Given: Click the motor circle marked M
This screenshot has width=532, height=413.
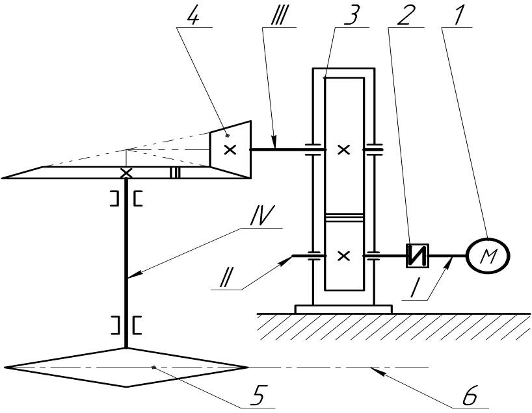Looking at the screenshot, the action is pos(488,255).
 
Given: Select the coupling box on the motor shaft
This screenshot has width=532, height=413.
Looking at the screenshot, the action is pos(418,256).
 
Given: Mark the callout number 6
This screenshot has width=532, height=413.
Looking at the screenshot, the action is pos(470,395).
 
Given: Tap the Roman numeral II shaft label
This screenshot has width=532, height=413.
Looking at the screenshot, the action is pos(224,279).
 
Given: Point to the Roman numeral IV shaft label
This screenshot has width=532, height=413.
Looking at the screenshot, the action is pos(262,216).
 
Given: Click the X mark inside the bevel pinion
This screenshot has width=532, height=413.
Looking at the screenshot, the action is pos(230,149).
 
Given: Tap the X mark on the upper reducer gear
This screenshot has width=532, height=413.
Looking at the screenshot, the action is pos(344,149).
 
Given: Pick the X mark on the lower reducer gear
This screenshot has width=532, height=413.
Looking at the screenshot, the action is pos(344,256).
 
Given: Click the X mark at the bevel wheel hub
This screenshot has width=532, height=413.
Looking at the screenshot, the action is pos(127,173).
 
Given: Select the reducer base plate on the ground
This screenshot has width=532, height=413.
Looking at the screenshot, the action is pos(343,309).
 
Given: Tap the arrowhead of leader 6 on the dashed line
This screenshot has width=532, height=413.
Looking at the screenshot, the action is pos(377,371).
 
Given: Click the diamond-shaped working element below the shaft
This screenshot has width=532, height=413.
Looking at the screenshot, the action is pos(126,368).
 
